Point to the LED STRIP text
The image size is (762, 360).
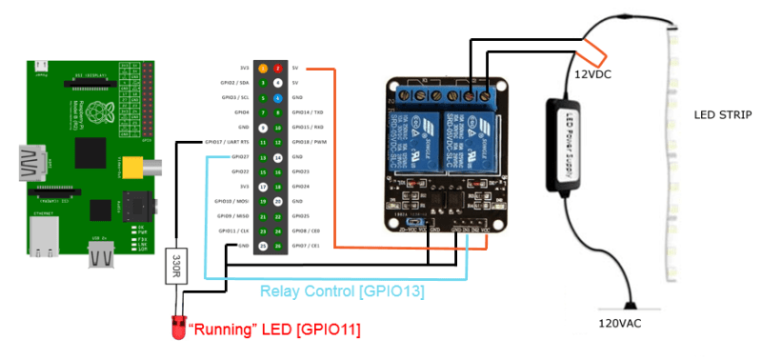click(x=724, y=114)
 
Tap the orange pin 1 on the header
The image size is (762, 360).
click(x=263, y=69)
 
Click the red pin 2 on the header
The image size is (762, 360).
click(x=277, y=69)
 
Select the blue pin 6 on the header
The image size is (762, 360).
click(x=277, y=98)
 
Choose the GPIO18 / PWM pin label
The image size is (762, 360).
click(x=310, y=142)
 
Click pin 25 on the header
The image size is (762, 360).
click(x=263, y=245)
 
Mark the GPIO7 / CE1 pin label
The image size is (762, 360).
click(x=308, y=245)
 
